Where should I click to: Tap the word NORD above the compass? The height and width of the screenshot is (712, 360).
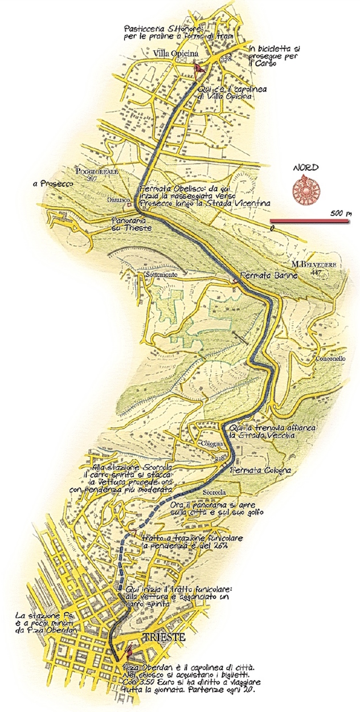point(306,168)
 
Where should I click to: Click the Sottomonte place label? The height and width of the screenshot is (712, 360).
point(163,275)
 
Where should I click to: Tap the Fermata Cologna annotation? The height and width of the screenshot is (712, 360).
point(261,470)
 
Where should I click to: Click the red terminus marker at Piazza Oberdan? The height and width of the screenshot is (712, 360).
point(129,650)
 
